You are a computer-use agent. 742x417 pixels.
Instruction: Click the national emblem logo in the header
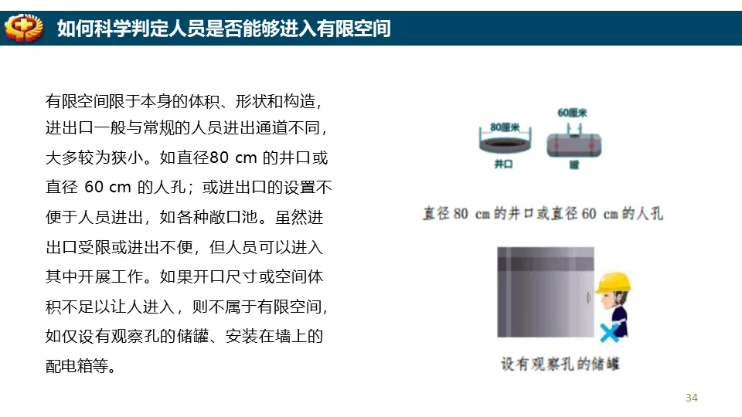(24, 28)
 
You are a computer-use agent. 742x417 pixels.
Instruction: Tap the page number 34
(691, 398)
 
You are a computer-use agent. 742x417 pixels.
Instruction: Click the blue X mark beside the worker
(610, 333)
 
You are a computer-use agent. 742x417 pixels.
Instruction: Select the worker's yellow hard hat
(613, 283)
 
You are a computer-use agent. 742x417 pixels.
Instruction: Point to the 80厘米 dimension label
(505, 127)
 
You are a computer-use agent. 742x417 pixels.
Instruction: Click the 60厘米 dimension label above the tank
(572, 113)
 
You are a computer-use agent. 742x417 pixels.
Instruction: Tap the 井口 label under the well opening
(503, 164)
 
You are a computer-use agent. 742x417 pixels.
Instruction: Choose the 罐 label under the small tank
(574, 164)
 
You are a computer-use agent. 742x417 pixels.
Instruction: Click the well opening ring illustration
(505, 144)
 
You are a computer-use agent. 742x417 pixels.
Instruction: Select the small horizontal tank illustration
(574, 144)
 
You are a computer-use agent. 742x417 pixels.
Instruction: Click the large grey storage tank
(545, 292)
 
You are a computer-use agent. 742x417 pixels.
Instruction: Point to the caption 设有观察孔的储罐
(560, 364)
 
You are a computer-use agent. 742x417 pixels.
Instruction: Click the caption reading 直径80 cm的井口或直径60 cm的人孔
(543, 214)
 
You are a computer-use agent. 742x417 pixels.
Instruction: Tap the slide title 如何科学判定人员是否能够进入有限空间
(224, 29)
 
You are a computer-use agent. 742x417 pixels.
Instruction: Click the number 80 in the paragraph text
(219, 158)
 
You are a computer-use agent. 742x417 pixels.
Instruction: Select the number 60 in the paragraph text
(94, 187)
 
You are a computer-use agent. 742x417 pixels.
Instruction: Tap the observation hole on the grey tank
(589, 297)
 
